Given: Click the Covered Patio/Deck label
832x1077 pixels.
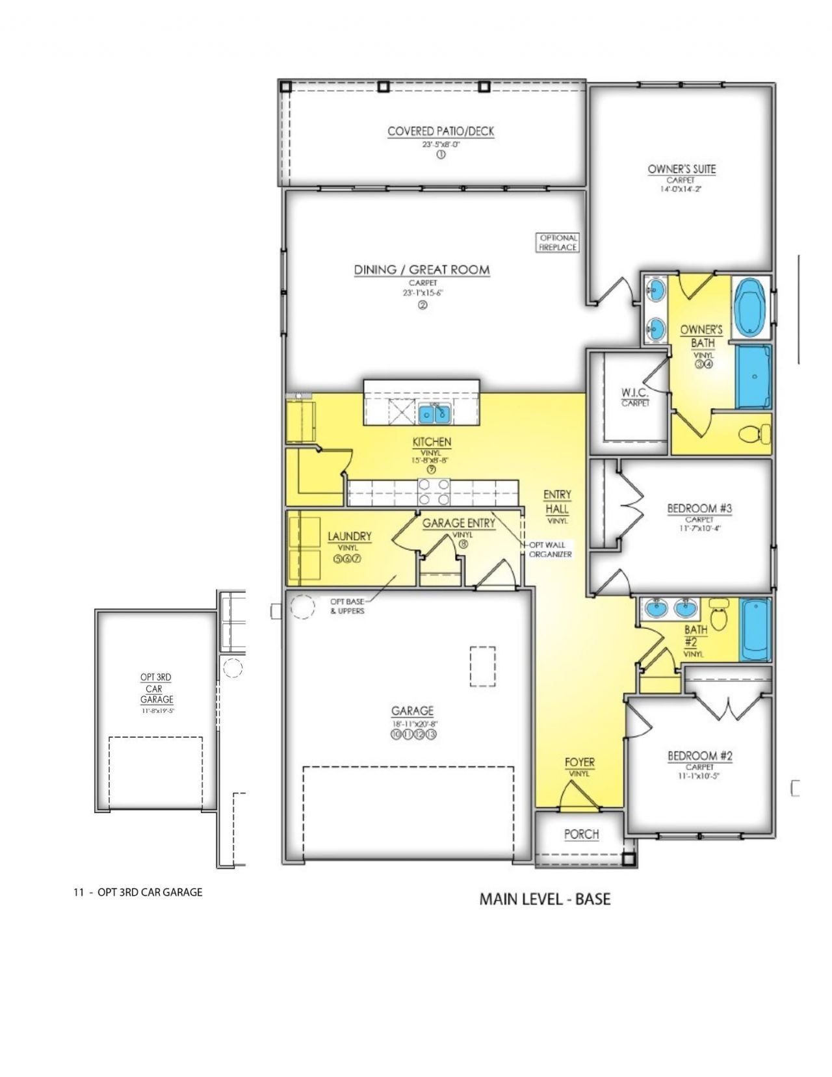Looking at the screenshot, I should pos(441,131).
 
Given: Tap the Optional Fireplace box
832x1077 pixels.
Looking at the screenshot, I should pos(558,243).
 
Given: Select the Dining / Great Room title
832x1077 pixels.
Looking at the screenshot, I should pos(421,270).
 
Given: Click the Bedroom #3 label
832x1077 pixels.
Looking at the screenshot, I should pos(699,508).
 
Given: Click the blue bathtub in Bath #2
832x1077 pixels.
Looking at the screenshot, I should pos(755,629).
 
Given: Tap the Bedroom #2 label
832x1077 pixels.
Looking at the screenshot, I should pos(700,756).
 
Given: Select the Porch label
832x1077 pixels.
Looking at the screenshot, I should pos(581,835).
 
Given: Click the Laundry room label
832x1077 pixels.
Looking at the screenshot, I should pos(349,536).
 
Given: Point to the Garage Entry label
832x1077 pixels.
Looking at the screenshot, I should pos(458,523).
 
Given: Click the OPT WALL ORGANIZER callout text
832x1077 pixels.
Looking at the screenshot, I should pos(550,549).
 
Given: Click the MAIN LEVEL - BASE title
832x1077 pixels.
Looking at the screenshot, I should pos(545,900).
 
